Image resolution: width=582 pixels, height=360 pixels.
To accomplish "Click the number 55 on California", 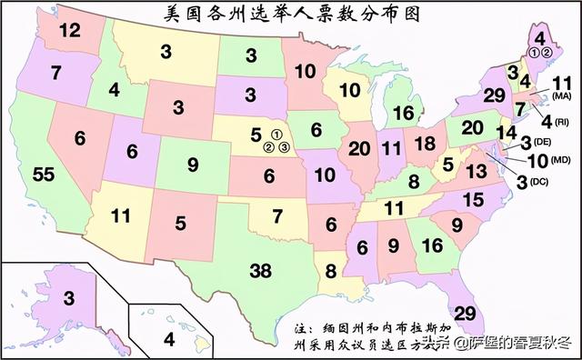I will tap(44, 175).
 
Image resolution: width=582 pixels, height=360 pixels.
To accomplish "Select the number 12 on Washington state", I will tap(70, 30).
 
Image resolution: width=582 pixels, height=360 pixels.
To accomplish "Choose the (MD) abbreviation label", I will tap(560, 160).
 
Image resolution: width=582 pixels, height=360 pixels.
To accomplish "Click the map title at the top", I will tap(290, 14).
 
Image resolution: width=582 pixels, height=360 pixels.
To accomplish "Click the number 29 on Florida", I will tap(465, 313).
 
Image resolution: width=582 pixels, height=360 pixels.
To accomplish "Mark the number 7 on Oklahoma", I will tap(278, 216).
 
